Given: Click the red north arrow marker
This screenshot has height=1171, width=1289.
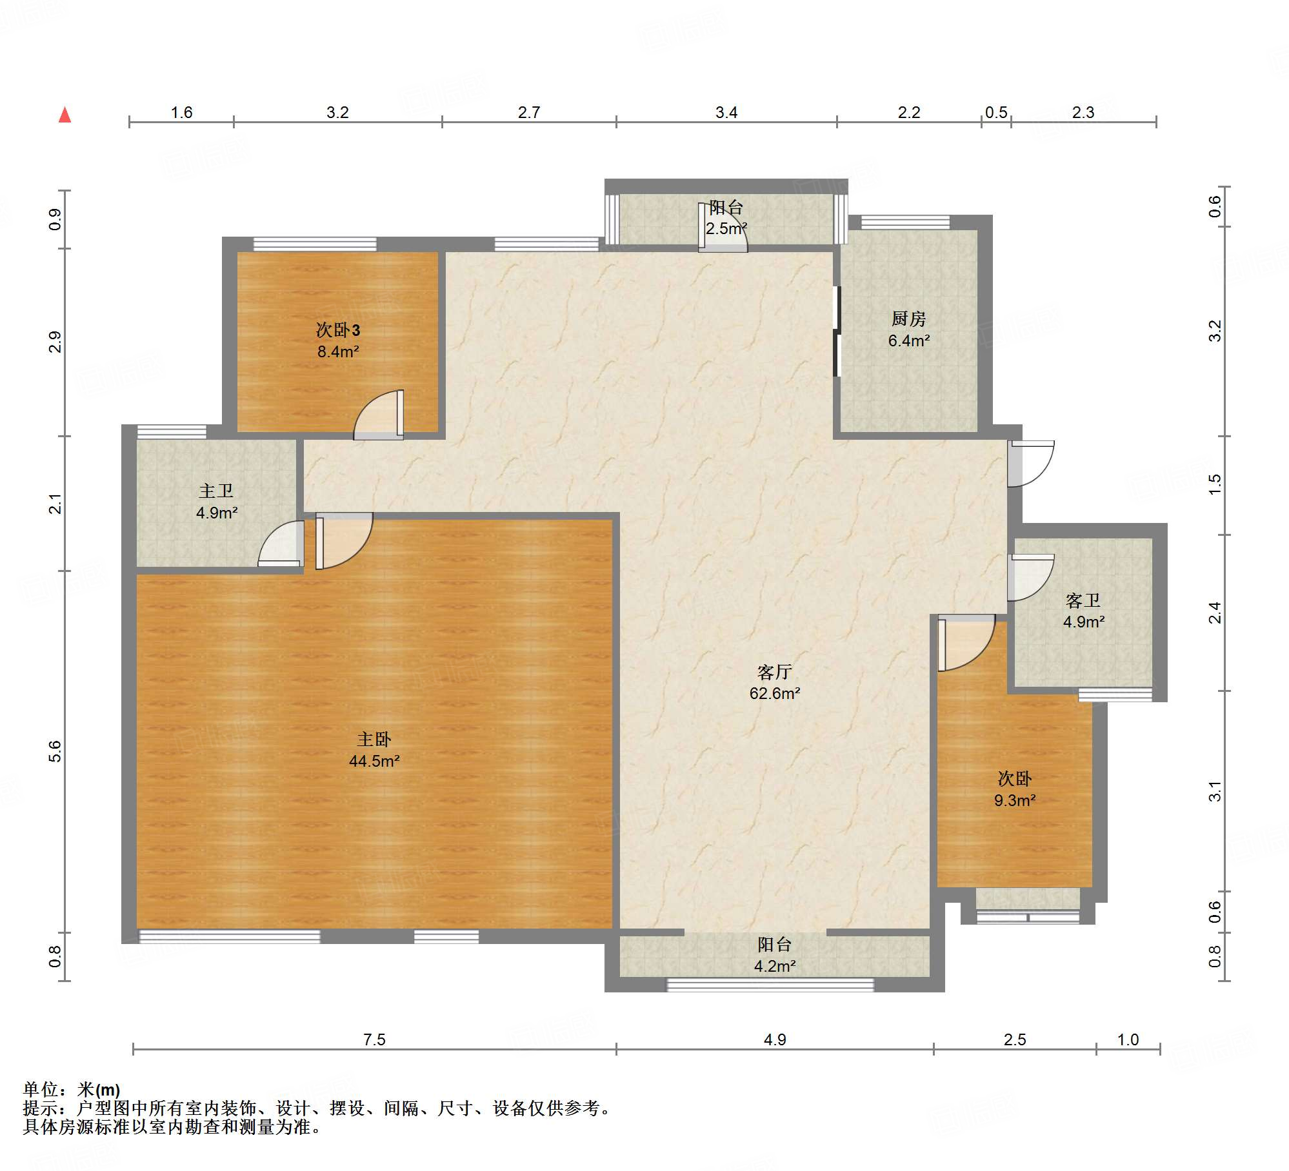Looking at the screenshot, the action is pos(65,115).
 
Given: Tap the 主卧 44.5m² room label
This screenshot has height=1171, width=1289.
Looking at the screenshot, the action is pos(374,750).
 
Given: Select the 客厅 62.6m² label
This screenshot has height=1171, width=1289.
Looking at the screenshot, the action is pos(774,683).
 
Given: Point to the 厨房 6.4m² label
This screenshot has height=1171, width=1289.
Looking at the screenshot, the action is pos(908,330).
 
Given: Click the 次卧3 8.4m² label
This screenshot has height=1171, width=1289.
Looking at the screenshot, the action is pos(338,340).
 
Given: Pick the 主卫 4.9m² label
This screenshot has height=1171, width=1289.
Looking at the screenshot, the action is pos(216,502).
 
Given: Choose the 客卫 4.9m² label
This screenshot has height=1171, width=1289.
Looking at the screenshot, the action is pos(1083,611).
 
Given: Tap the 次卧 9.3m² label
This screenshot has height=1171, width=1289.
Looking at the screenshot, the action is pos(1015,789).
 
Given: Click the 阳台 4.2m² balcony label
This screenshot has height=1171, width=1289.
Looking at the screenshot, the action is pos(774,955).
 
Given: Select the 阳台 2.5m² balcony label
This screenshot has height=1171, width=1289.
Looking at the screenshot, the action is pos(726,218).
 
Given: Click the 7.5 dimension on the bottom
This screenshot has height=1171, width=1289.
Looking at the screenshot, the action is pos(374,1039).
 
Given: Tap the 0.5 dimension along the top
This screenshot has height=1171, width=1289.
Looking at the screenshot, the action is pos(996,113).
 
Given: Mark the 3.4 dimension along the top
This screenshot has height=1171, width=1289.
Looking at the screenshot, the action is pos(726,113).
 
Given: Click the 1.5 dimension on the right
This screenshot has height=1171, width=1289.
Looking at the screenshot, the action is pos(1215,484).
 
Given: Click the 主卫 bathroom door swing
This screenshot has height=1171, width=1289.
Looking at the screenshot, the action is pos(281,544).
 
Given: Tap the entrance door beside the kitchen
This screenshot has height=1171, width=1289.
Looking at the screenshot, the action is pos(1031,464).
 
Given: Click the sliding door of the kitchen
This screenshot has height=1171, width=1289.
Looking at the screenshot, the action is pos(837,331).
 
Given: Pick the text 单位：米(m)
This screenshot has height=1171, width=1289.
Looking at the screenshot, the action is pos(72,1090).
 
